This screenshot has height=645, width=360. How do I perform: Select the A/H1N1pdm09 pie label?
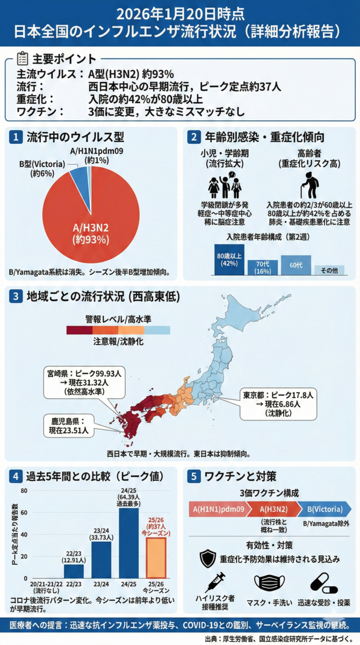click(x=97, y=156)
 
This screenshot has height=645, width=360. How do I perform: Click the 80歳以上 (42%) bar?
click(x=229, y=260)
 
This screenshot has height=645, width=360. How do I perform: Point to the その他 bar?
click(x=329, y=270)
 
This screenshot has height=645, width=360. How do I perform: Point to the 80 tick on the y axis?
click(x=23, y=491)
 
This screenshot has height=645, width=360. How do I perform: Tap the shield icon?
click(x=207, y=559)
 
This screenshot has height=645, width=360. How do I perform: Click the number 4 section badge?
click(x=17, y=476)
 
